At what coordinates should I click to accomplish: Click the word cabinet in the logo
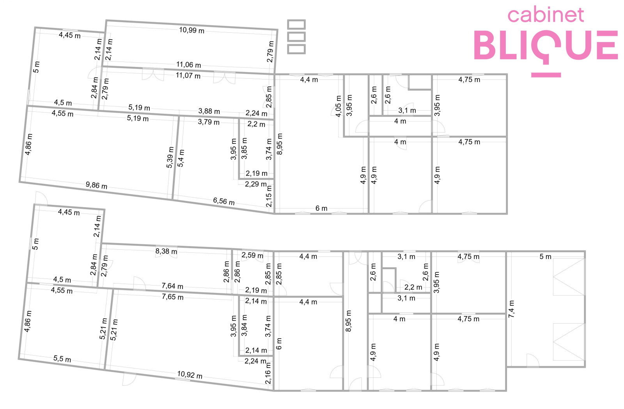click(x=546, y=15)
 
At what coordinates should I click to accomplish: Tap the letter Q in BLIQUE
click(x=545, y=46)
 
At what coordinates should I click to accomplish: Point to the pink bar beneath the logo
click(x=546, y=75)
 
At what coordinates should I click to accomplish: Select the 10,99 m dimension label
click(x=191, y=30)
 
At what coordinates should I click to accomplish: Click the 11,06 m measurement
click(x=189, y=65)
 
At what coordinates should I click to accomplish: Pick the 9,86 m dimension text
click(x=96, y=185)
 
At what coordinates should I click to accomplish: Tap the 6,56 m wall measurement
click(x=224, y=201)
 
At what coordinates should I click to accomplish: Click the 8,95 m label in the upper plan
click(x=280, y=144)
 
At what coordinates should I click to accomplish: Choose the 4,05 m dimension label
click(x=338, y=106)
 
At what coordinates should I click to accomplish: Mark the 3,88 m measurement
click(x=209, y=111)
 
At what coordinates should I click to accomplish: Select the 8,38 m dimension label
click(x=166, y=252)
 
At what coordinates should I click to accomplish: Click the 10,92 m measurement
click(x=190, y=375)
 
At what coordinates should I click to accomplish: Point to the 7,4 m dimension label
click(x=511, y=309)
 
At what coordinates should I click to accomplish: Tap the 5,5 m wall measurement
click(x=62, y=359)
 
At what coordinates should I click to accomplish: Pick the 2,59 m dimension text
click(x=252, y=255)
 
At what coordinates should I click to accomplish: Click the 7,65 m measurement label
click(x=173, y=297)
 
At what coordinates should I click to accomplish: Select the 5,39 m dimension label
click(x=170, y=157)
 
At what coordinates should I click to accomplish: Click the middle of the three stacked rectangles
click(x=296, y=37)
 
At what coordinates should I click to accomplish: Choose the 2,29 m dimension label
click(x=256, y=184)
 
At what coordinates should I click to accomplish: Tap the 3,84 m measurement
click(x=244, y=326)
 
